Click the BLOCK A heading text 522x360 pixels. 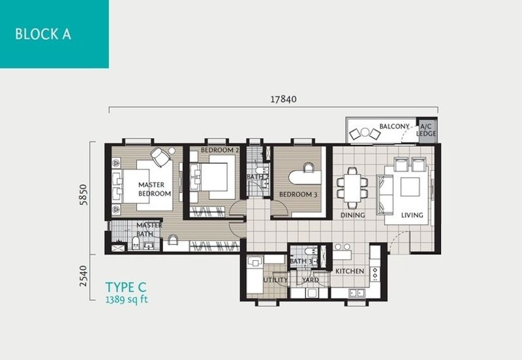(x=43, y=35)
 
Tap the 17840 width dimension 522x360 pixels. (x=283, y=99)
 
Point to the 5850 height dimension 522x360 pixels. (x=84, y=194)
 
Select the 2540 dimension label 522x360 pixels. (x=84, y=276)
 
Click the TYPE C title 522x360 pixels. (x=126, y=287)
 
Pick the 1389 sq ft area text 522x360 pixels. (x=127, y=299)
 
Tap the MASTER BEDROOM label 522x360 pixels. (x=154, y=189)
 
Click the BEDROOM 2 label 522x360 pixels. (x=220, y=150)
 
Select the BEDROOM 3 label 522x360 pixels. (x=298, y=194)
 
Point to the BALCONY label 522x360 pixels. (x=394, y=127)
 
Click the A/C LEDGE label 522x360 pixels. (x=426, y=130)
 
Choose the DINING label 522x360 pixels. (x=352, y=215)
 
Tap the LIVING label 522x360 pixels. (x=412, y=215)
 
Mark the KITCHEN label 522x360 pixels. (x=350, y=271)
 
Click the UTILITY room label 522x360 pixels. (x=275, y=280)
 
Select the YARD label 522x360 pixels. (x=311, y=280)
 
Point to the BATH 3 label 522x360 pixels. (x=301, y=262)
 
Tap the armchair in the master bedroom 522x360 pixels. (x=161, y=157)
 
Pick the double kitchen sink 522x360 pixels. (x=356, y=293)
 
